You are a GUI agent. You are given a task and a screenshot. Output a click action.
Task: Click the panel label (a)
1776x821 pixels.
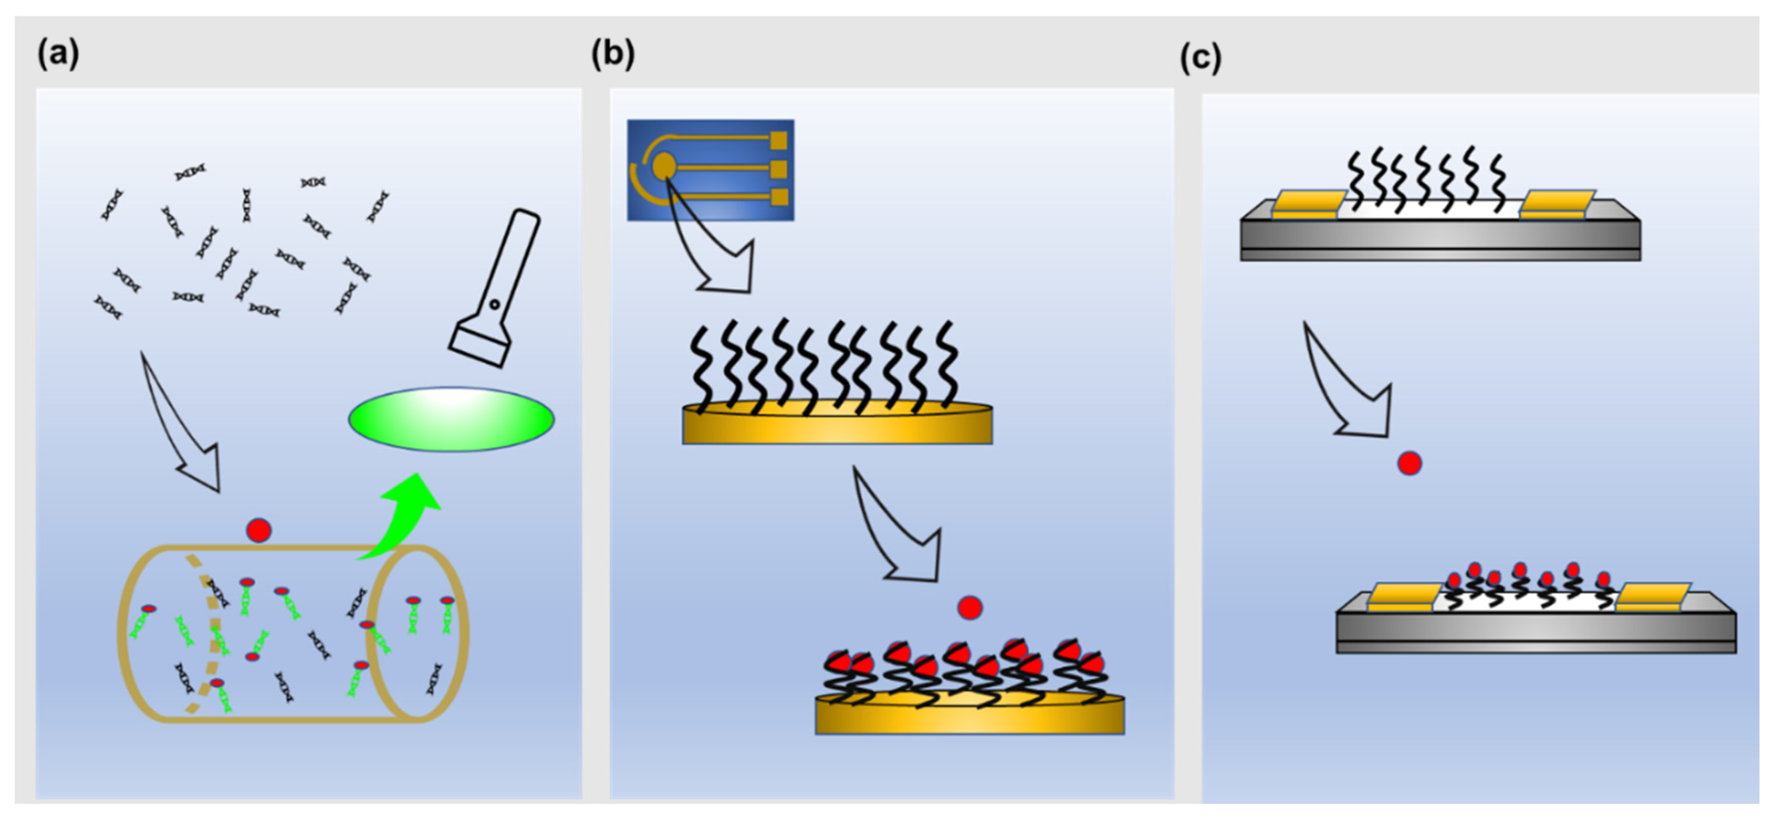pyautogui.click(x=58, y=54)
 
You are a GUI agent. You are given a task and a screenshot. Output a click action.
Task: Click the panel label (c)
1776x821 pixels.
pyautogui.click(x=1200, y=57)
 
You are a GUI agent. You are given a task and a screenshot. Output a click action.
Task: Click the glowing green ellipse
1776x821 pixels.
pyautogui.click(x=451, y=420)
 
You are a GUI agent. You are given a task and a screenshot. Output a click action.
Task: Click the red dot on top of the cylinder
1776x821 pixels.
pyautogui.click(x=259, y=530)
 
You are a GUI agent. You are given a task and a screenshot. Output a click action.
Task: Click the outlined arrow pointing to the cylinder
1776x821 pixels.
pyautogui.click(x=183, y=428)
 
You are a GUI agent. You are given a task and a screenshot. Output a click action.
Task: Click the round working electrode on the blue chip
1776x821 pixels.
pyautogui.click(x=663, y=165)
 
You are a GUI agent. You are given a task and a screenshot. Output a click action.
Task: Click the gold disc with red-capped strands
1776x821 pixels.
pyautogui.click(x=969, y=716)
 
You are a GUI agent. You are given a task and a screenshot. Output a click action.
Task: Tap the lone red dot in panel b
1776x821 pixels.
pyautogui.click(x=969, y=608)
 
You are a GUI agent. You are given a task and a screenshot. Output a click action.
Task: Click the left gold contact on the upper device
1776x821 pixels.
pyautogui.click(x=1307, y=204)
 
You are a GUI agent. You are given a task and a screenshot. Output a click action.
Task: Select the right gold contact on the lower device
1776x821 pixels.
pyautogui.click(x=1652, y=597)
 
